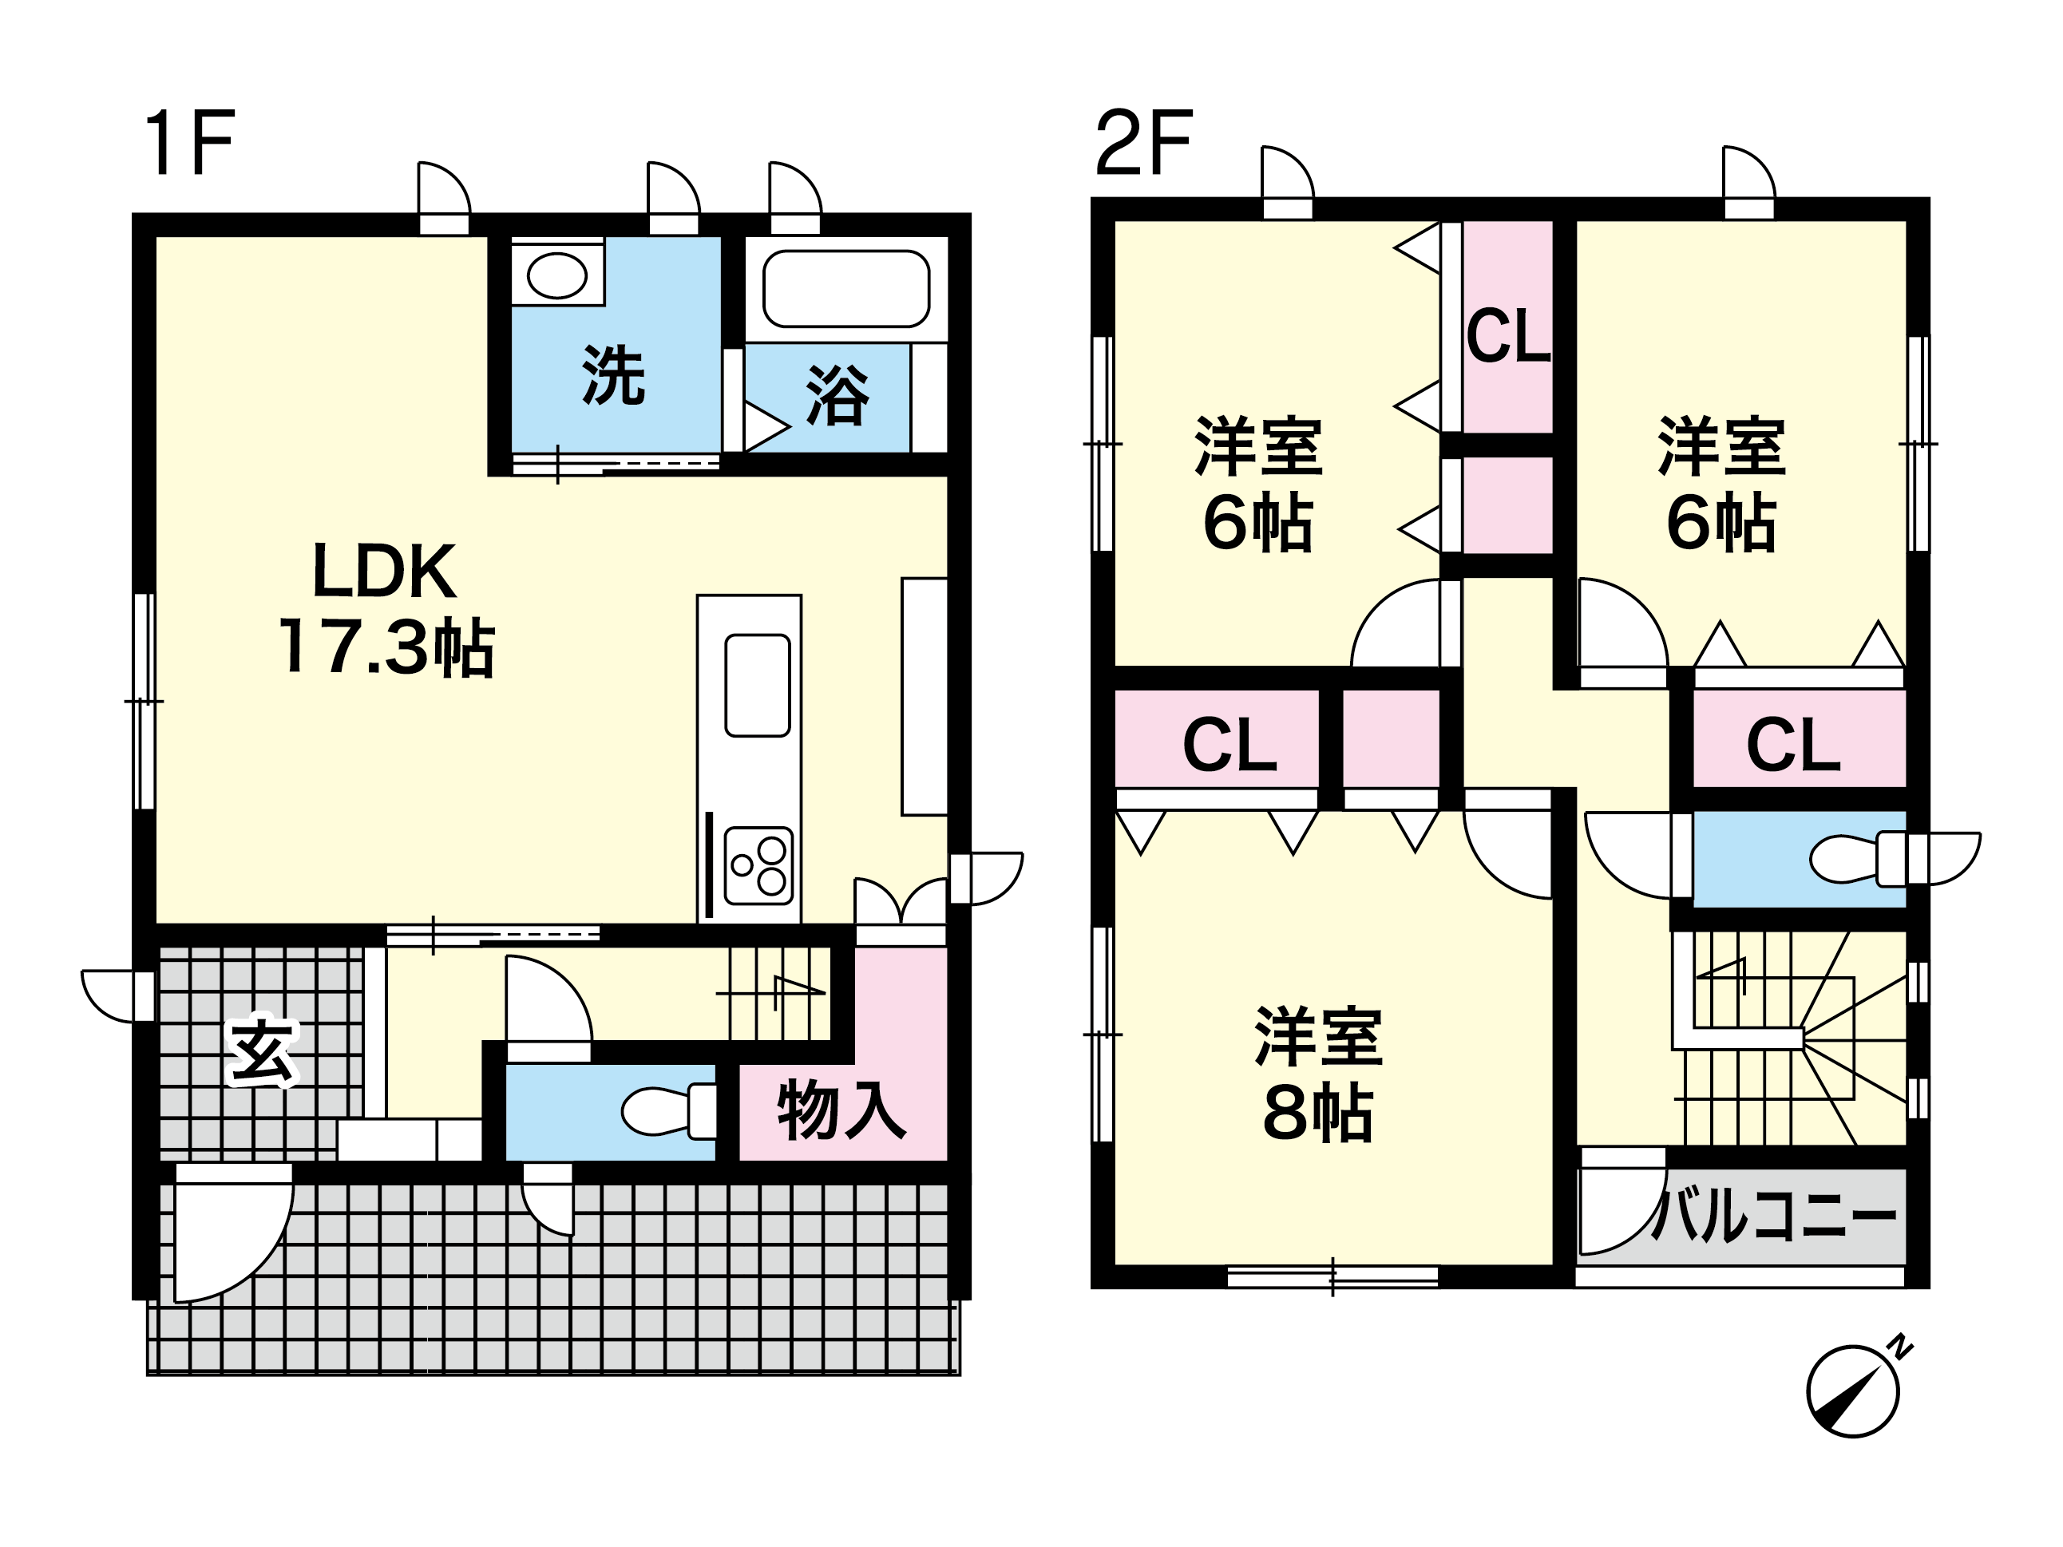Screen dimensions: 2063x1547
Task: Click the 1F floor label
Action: pos(188,143)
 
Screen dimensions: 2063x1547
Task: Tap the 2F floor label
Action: pos(1144,143)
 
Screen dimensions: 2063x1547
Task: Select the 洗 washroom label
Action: pos(614,375)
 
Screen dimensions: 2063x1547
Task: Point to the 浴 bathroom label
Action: pos(837,395)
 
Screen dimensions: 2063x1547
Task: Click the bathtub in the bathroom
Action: pos(846,289)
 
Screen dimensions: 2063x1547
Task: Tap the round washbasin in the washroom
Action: pos(556,276)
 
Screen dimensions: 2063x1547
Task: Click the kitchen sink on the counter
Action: pos(758,686)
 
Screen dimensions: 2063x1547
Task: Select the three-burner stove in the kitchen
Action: pos(759,865)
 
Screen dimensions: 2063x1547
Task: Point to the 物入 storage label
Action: pos(841,1109)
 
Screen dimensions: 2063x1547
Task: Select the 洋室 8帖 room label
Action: pos(1318,1074)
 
